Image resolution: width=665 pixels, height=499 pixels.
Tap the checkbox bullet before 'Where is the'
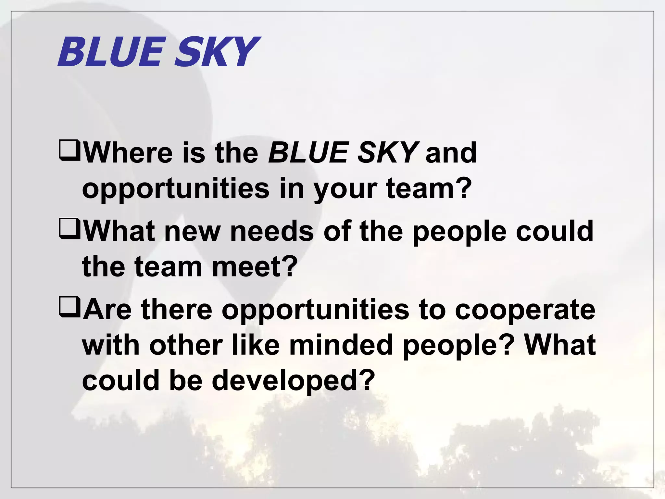[69, 151]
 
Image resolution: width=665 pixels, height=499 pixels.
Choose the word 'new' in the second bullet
[193, 232]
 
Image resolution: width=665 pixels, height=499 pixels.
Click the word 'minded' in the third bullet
[341, 345]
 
